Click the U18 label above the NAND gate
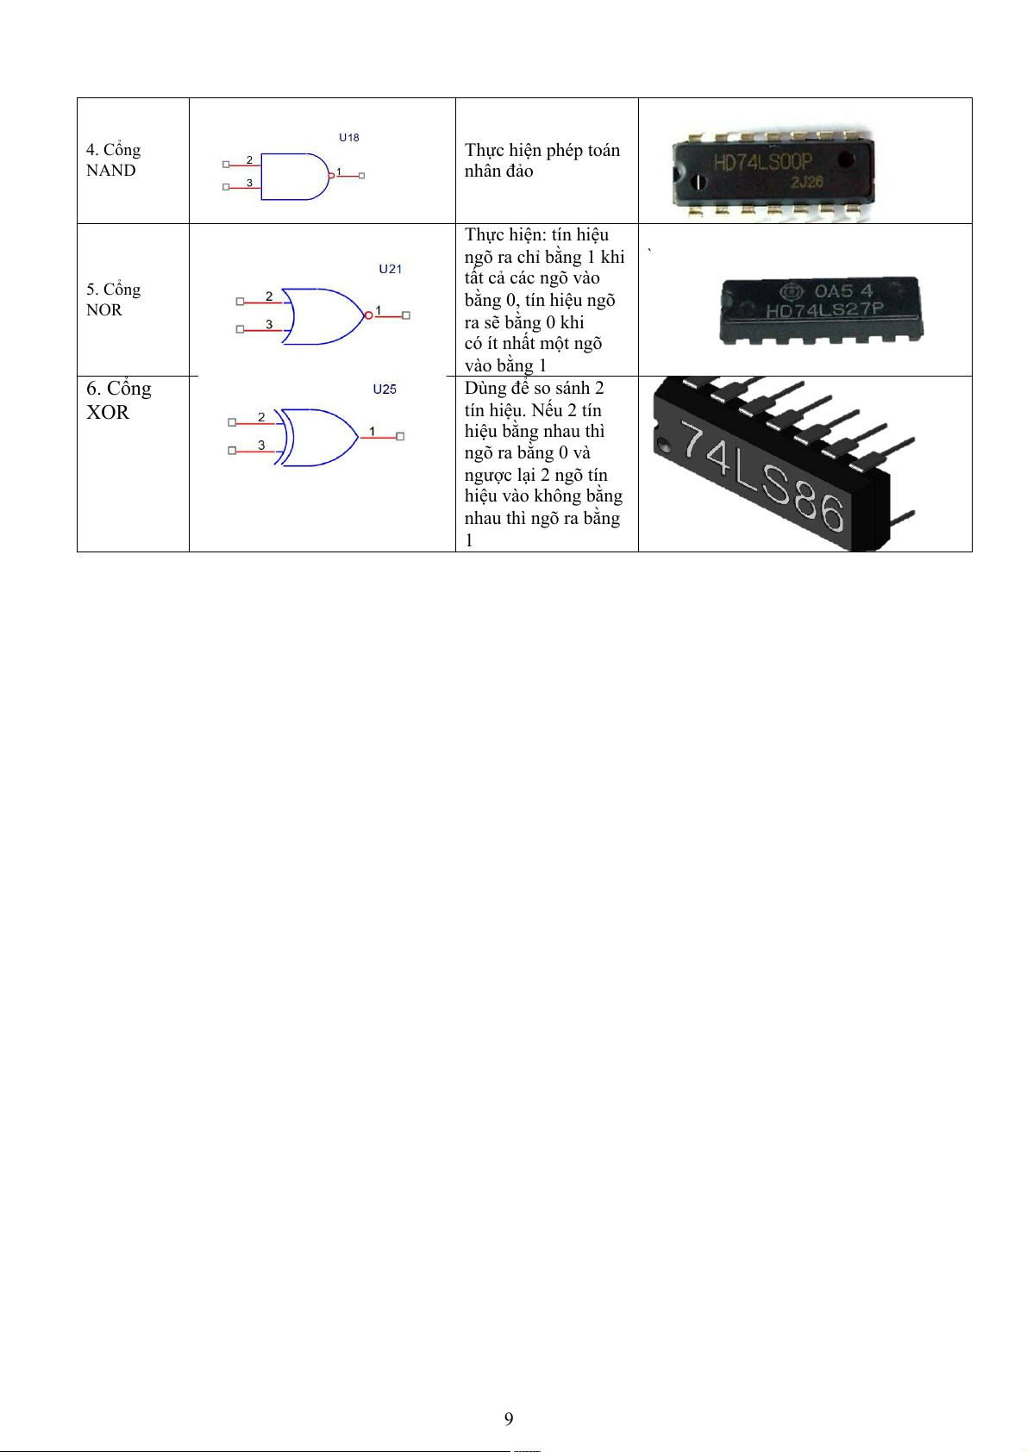coord(348,138)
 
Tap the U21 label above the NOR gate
coord(391,269)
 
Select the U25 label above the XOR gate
coord(385,389)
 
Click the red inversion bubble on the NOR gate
coord(369,315)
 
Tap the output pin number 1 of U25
coord(373,431)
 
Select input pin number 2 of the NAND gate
coord(250,159)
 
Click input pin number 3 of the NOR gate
coord(269,324)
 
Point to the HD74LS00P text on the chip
coord(762,162)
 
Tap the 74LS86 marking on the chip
coord(762,476)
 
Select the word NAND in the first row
coord(111,171)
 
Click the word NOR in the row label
coord(104,310)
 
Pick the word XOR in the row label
coord(108,413)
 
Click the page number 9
coord(509,1419)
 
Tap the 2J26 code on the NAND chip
coord(806,182)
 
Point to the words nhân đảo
coord(498,171)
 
